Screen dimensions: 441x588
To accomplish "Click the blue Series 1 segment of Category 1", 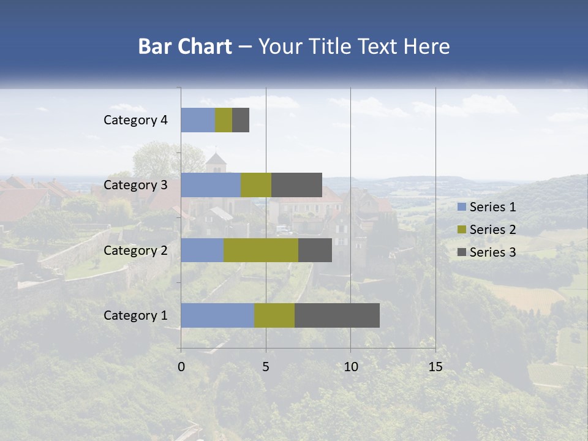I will click(x=217, y=315).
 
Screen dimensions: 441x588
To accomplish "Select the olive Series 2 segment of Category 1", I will click(x=274, y=315).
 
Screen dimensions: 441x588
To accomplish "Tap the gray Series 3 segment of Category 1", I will click(x=337, y=315).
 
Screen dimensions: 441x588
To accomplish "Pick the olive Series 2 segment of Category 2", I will click(x=261, y=250).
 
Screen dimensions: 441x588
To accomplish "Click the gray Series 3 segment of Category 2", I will click(x=315, y=250).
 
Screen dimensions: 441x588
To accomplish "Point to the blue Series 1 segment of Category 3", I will click(x=211, y=185).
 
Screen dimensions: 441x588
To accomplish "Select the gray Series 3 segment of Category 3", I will click(x=296, y=185).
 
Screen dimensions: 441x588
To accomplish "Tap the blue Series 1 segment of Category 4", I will click(x=198, y=120).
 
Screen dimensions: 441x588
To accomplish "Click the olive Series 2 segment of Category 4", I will click(x=224, y=120).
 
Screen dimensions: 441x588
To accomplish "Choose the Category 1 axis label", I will click(x=135, y=315).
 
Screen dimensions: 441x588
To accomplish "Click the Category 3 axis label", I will click(x=135, y=185).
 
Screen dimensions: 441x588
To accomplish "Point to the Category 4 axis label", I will click(x=135, y=120).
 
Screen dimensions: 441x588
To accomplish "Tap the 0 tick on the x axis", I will click(x=181, y=367).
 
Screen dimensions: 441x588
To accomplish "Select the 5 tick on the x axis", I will click(x=266, y=367).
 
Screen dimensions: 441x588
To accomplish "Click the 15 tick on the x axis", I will click(x=435, y=367).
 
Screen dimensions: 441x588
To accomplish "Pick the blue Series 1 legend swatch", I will click(x=462, y=207).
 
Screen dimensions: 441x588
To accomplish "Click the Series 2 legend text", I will click(x=492, y=230).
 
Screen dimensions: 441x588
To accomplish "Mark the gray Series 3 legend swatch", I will click(x=462, y=252).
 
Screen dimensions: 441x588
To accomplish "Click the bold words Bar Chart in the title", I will click(x=185, y=47).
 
